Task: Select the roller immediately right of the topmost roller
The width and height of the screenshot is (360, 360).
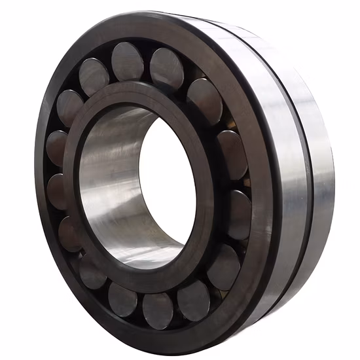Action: pos(166,67)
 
